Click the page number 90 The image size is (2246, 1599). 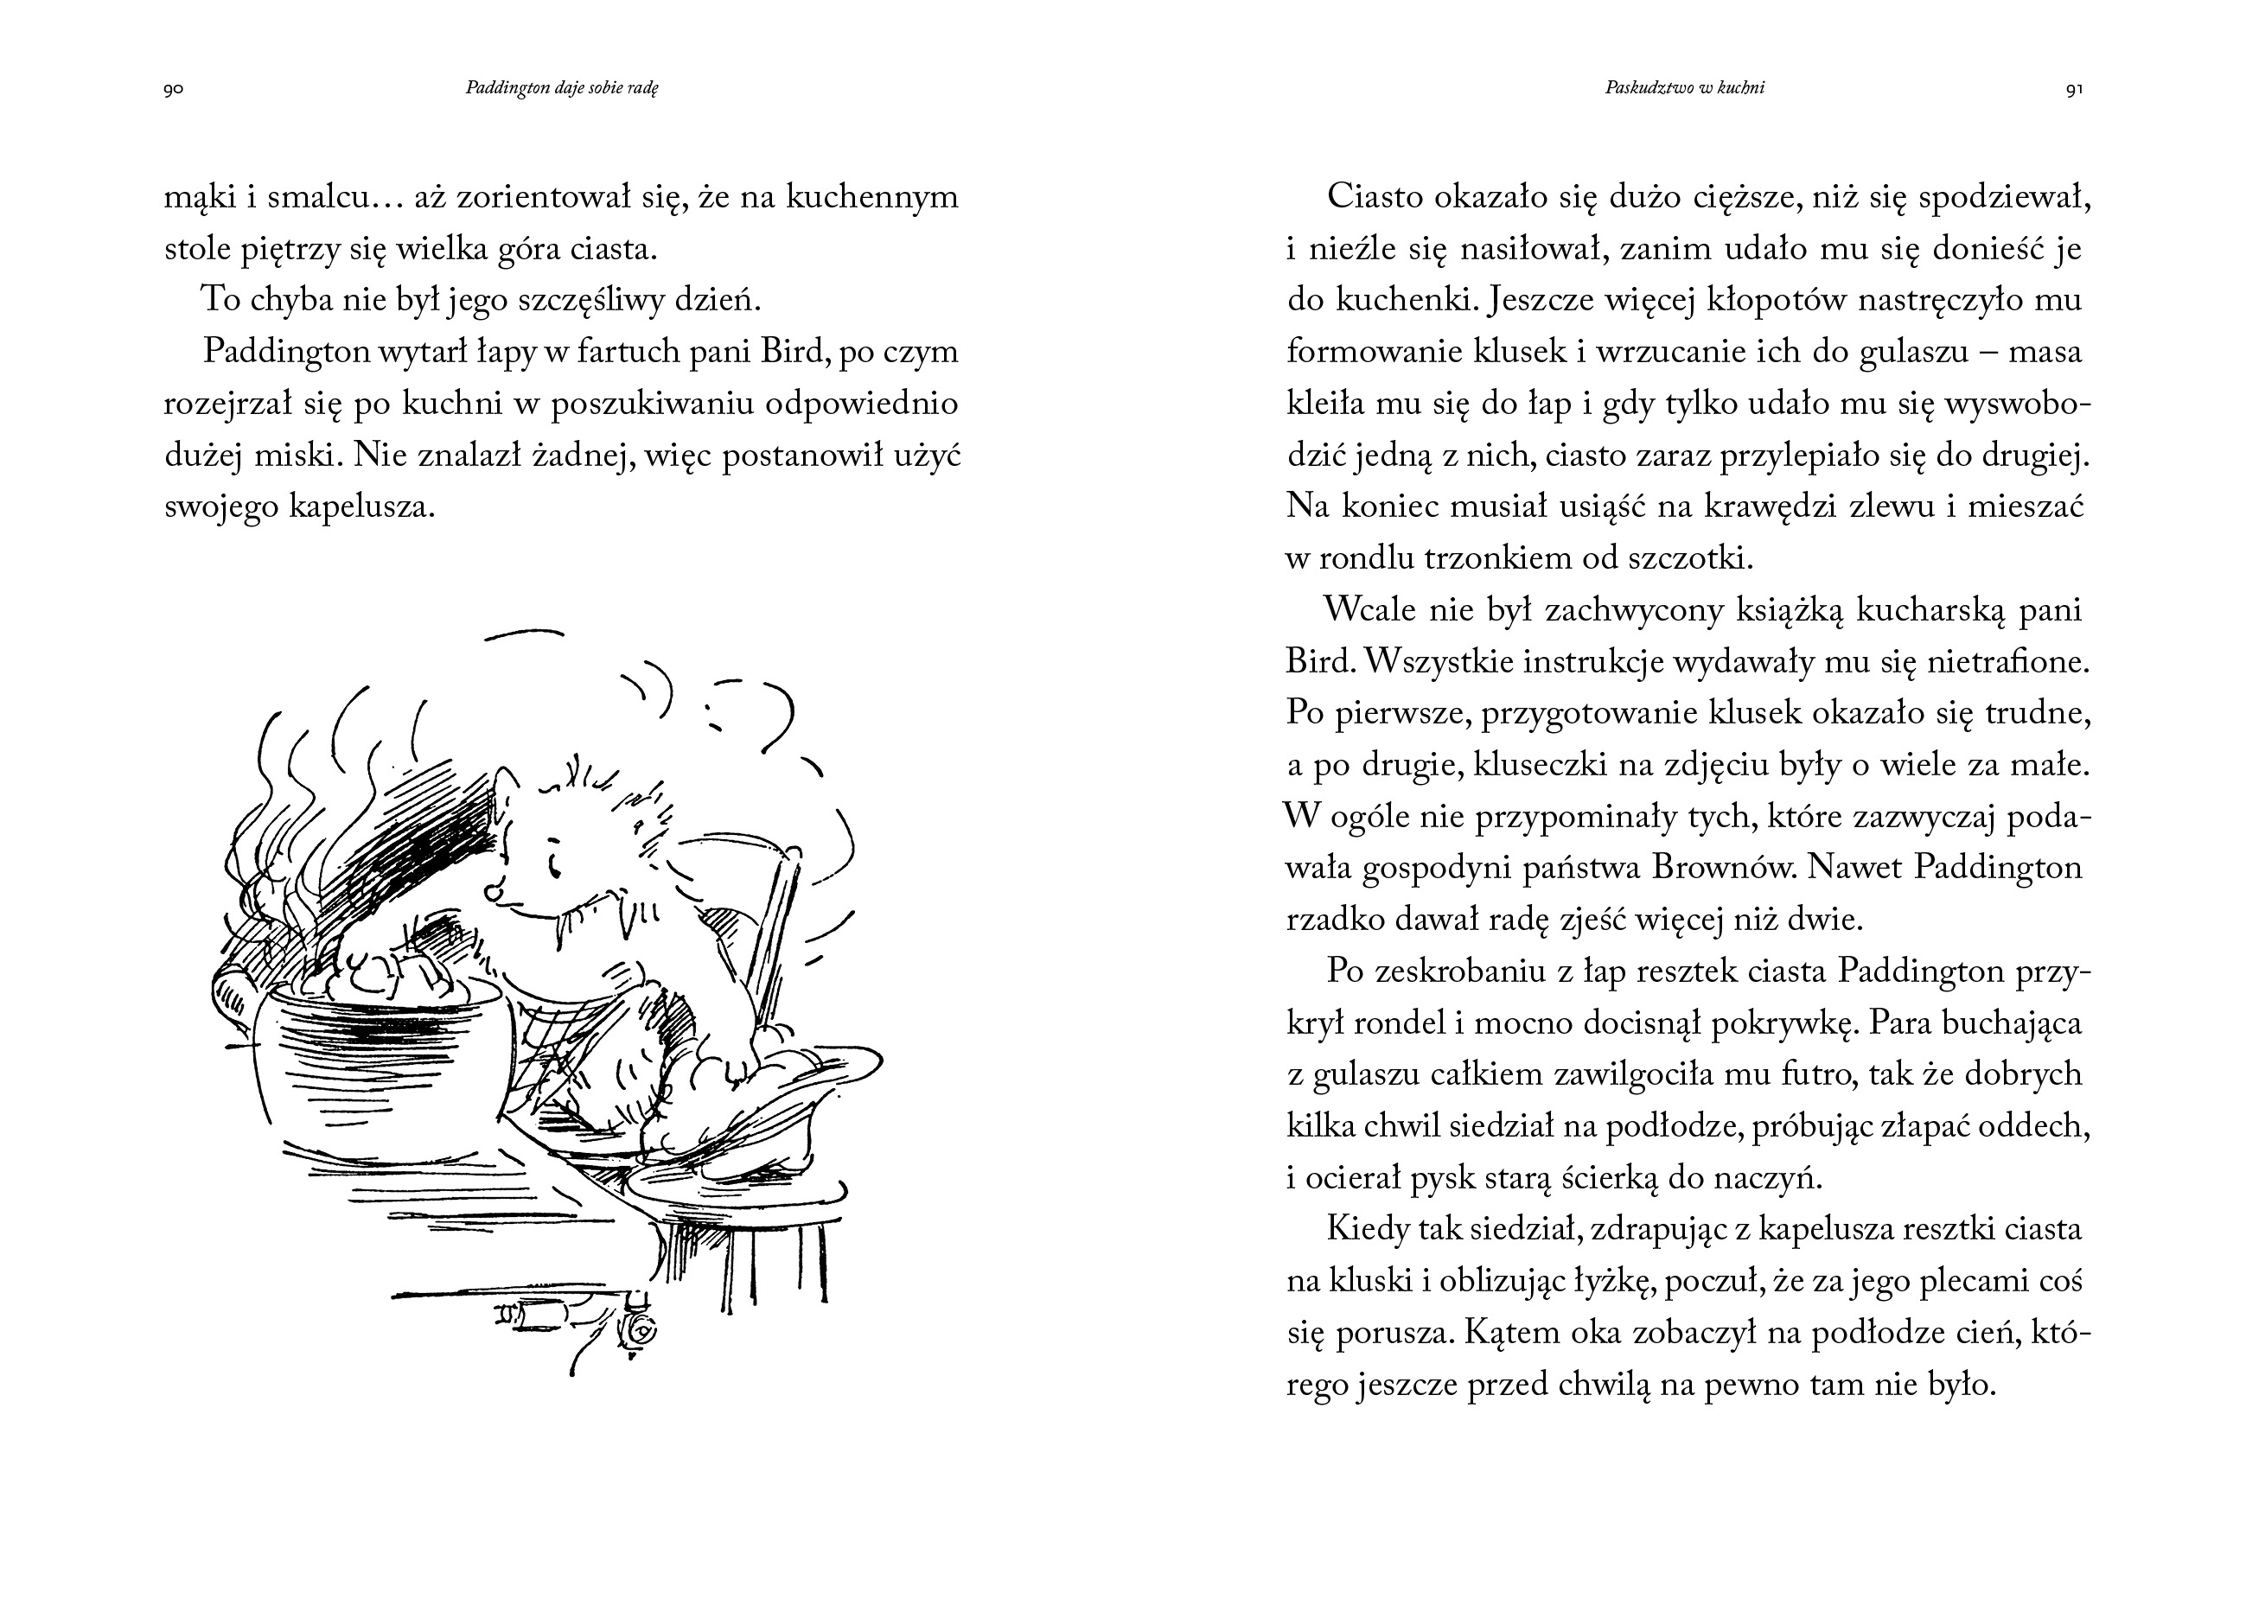point(173,90)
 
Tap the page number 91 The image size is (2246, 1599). point(2074,90)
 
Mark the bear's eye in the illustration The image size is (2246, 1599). point(554,866)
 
